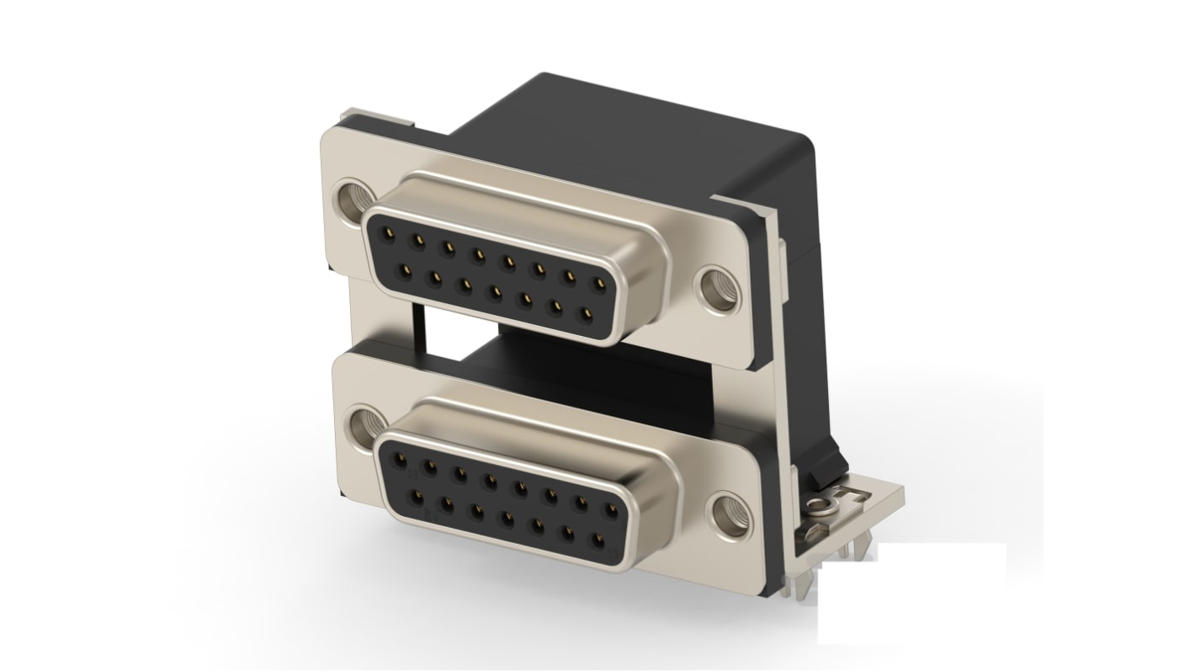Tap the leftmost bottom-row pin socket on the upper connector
click(x=405, y=269)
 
